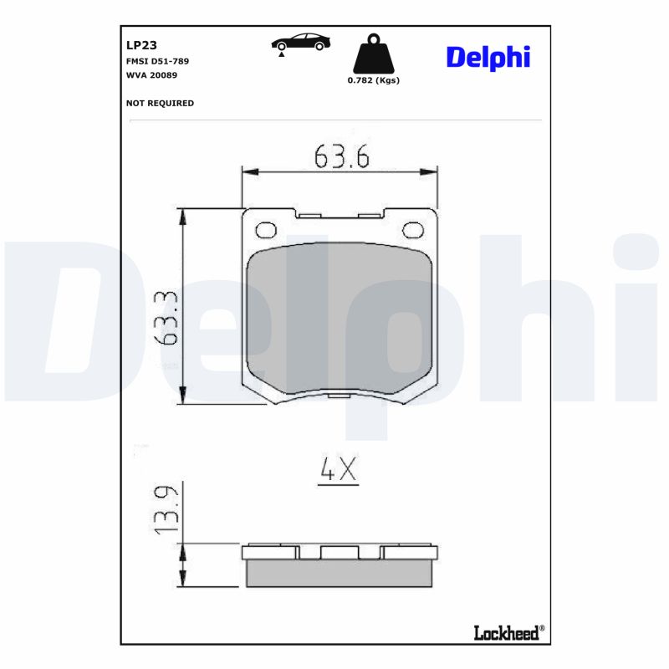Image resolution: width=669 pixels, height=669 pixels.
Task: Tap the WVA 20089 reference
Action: coord(151,75)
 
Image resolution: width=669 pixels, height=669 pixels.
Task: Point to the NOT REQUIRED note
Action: coord(160,103)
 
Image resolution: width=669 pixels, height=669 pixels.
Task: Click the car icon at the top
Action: coord(300,45)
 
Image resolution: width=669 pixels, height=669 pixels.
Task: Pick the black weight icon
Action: coord(373,54)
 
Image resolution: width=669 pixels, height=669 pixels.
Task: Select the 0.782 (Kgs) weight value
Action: coord(373,80)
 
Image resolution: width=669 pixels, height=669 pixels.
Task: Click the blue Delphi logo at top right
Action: coord(488,57)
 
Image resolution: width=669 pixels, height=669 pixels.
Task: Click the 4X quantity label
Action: coord(338,472)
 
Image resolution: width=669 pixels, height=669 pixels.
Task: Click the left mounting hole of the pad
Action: coord(266,230)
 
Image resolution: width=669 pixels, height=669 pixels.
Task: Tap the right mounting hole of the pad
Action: coord(413,230)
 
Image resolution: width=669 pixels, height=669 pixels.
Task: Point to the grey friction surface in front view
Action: coord(340,318)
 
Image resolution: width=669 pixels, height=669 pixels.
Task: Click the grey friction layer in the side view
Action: coord(340,573)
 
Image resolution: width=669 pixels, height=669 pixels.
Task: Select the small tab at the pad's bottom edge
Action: coord(339,396)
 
